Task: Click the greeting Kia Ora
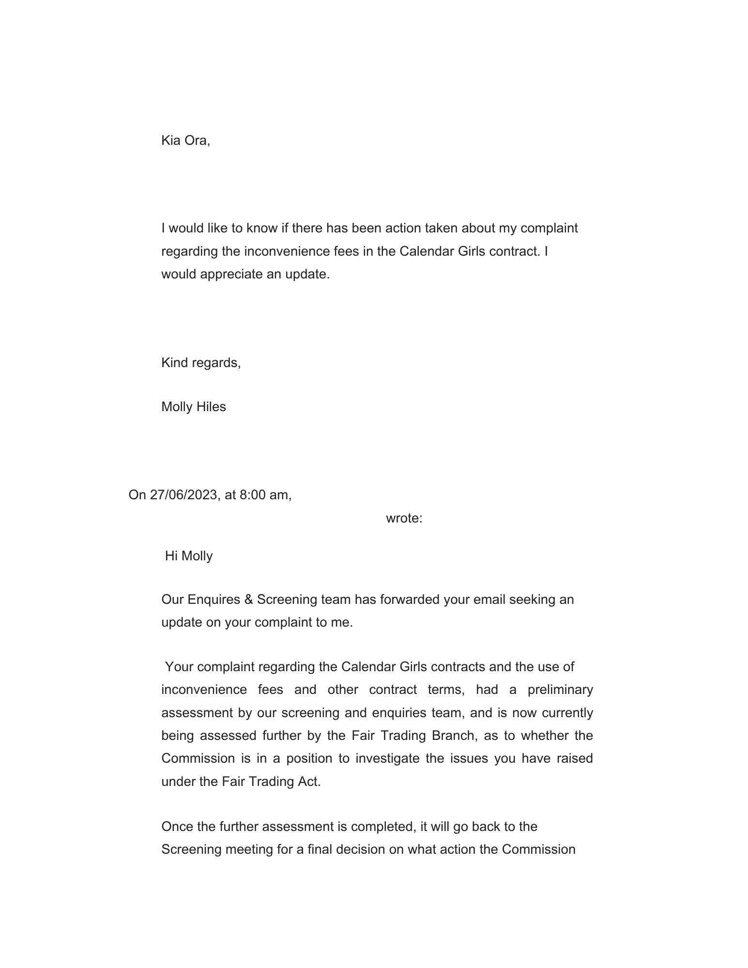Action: click(185, 140)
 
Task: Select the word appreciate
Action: click(229, 274)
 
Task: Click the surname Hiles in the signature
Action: click(211, 407)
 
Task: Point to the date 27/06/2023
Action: click(183, 494)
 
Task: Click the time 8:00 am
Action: click(264, 494)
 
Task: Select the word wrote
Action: click(404, 518)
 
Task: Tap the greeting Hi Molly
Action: click(189, 555)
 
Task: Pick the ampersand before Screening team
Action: click(249, 599)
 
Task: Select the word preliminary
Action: click(560, 690)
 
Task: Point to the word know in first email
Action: click(262, 228)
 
